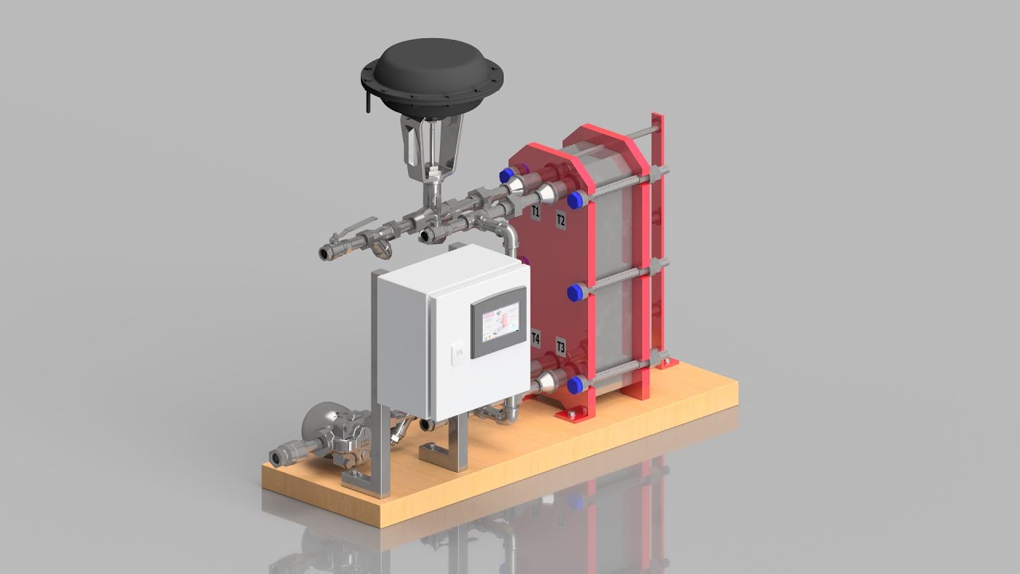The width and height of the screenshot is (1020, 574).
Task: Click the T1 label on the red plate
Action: (535, 212)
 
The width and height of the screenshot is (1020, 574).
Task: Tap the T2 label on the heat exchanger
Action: (560, 219)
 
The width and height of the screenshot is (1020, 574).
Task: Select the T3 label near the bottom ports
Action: (560, 347)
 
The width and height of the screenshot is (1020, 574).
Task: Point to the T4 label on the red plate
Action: (535, 339)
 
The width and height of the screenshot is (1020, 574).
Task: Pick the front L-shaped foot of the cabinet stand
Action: (363, 480)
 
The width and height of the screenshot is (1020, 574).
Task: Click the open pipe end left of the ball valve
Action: (326, 254)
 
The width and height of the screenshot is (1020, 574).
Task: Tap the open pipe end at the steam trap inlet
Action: (278, 458)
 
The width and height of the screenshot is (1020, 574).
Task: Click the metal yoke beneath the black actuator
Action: (428, 147)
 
